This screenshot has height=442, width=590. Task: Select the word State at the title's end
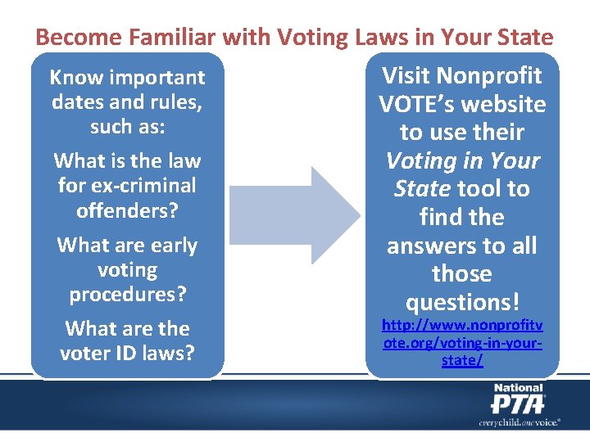[x=522, y=38]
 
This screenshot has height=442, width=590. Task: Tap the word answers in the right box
[x=426, y=246]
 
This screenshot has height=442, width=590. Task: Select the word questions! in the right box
[x=462, y=302]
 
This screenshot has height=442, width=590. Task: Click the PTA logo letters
[x=517, y=403]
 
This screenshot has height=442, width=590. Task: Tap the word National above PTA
[x=517, y=387]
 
